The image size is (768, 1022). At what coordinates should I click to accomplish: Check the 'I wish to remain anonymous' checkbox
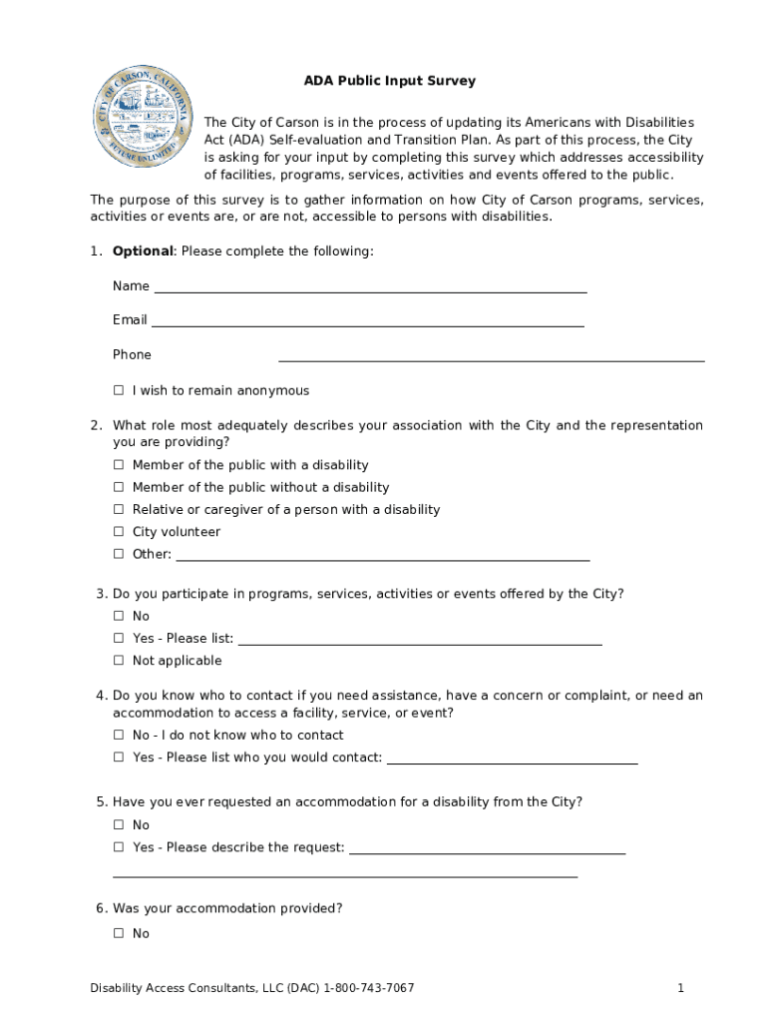tap(119, 390)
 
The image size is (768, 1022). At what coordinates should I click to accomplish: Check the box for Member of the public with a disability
tap(119, 465)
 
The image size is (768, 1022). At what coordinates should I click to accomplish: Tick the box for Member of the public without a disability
tap(119, 487)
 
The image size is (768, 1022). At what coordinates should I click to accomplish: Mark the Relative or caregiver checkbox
tap(119, 509)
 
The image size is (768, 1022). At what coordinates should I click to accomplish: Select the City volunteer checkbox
tap(119, 532)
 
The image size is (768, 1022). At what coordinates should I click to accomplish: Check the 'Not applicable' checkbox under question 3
tap(119, 661)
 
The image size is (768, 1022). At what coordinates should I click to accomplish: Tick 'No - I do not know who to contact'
tap(119, 736)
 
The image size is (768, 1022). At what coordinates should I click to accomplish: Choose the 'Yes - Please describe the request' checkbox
tap(119, 847)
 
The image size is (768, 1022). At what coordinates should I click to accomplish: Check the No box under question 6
tap(119, 933)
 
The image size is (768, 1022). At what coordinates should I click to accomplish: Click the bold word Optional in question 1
tap(143, 251)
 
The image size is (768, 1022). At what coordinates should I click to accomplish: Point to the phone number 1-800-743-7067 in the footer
tap(368, 988)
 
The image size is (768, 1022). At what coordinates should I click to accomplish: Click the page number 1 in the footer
tap(680, 988)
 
